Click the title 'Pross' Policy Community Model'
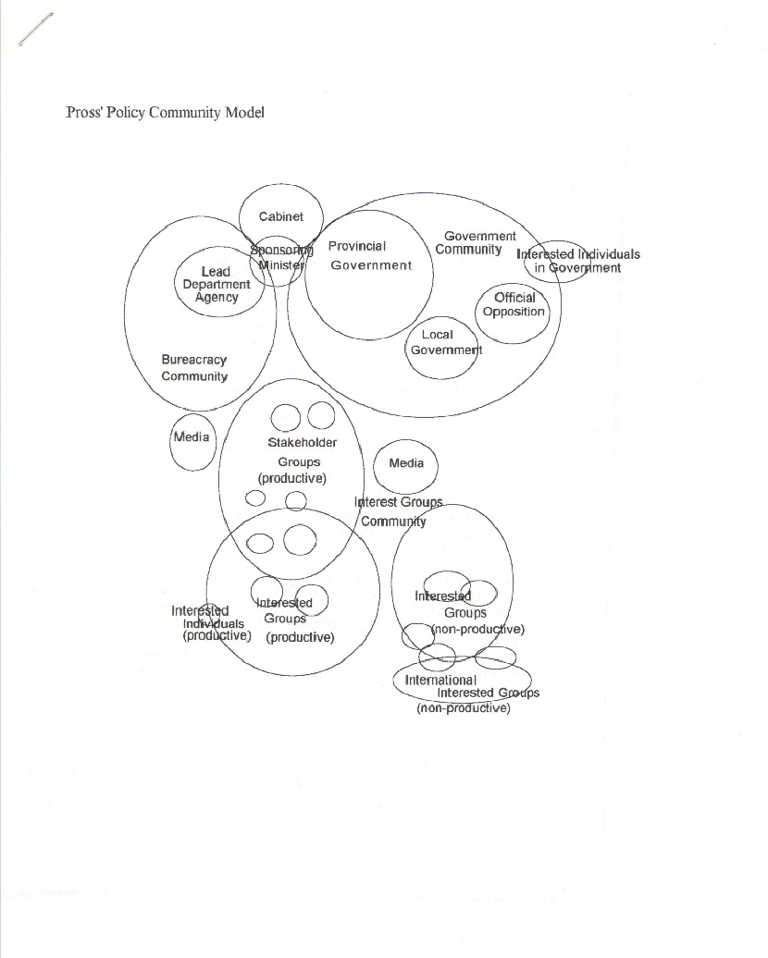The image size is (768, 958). tap(165, 113)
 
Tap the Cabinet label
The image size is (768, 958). tap(280, 216)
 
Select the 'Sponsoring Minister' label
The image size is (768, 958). tap(281, 257)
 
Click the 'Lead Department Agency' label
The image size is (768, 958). tap(217, 284)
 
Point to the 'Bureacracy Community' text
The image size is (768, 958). tap(193, 368)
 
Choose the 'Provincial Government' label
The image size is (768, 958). tap(370, 255)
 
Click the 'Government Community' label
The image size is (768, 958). tap(476, 242)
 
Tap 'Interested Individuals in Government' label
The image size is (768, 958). tap(577, 261)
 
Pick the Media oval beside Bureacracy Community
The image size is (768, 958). tap(170, 441)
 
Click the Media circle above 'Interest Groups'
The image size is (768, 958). tap(373, 467)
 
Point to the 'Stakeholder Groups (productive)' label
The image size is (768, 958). tap(297, 461)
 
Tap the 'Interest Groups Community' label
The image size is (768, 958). tap(398, 511)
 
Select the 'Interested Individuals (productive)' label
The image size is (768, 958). tap(211, 623)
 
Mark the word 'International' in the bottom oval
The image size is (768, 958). tap(440, 680)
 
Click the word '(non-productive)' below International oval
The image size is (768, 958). tap(464, 708)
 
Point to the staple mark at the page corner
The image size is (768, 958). tap(36, 30)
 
